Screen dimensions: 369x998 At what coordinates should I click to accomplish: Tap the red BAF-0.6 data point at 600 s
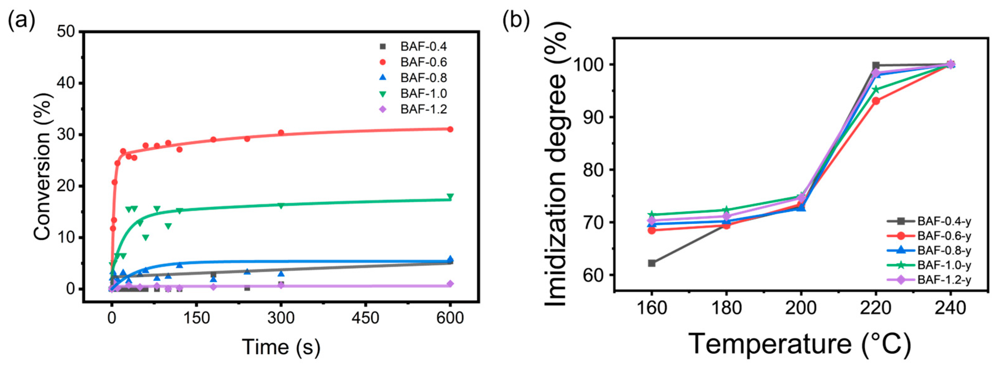(x=450, y=129)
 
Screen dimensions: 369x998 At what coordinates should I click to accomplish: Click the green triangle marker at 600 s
(x=450, y=196)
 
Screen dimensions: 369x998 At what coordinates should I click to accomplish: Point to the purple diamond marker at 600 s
(x=450, y=284)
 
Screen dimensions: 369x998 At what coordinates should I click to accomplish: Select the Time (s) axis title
(x=281, y=347)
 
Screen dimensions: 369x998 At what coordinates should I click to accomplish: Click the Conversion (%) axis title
(x=43, y=166)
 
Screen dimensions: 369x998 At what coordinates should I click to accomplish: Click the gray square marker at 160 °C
(x=652, y=263)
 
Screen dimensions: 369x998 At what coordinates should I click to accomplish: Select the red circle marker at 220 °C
(x=876, y=101)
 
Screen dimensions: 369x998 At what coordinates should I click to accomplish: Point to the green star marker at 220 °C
(x=876, y=89)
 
